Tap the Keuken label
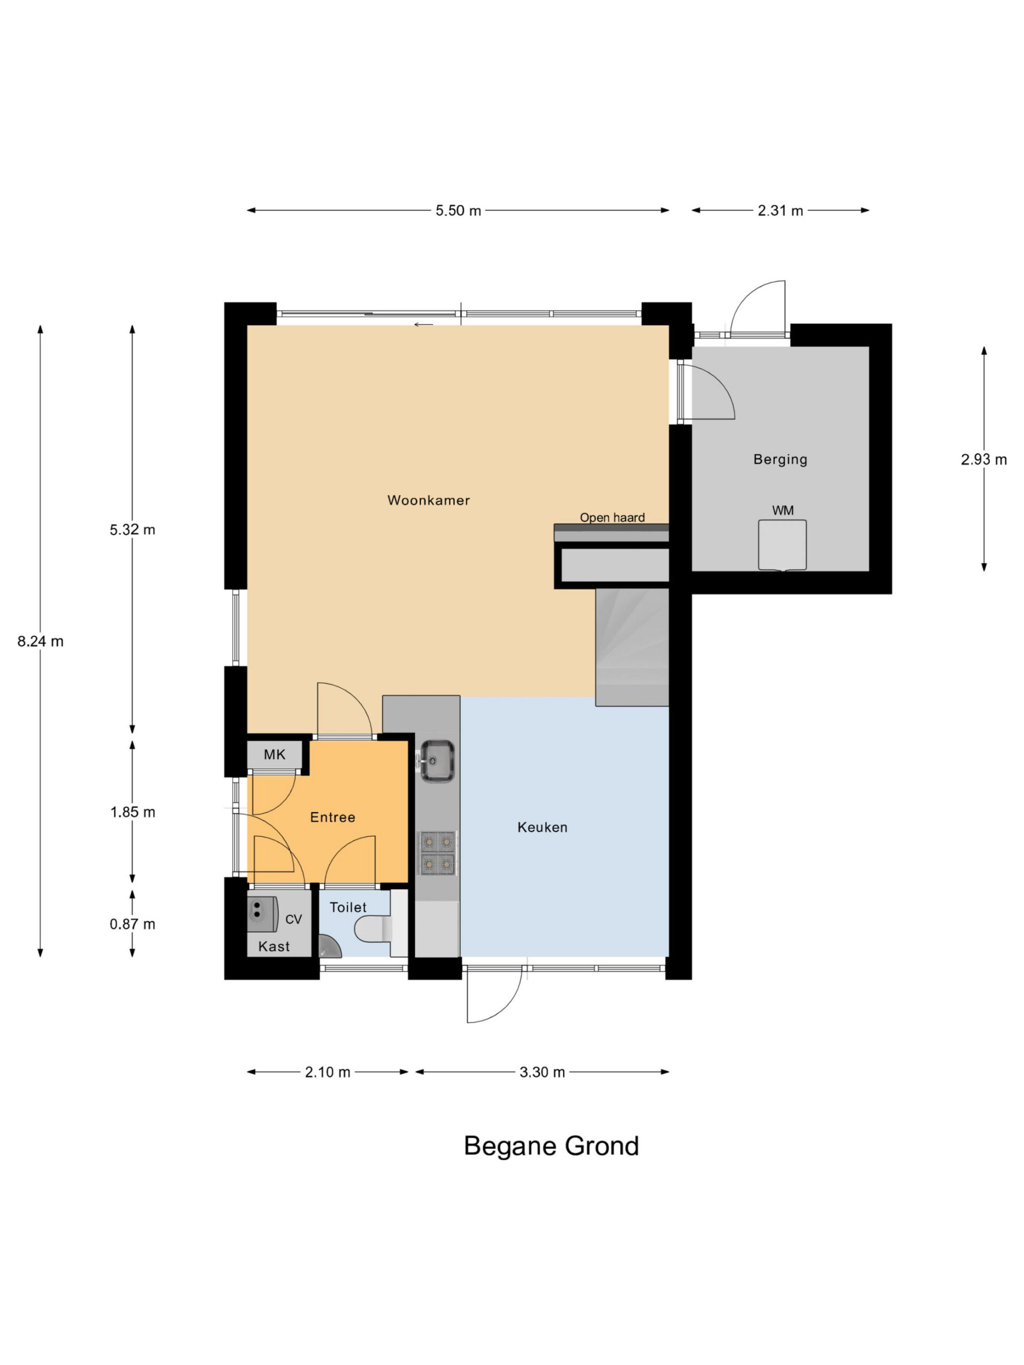(542, 828)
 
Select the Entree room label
(333, 817)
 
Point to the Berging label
(780, 459)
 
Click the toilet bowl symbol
(373, 929)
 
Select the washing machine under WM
(782, 545)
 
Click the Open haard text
(612, 518)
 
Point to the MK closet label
(275, 754)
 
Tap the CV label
(294, 919)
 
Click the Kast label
(274, 946)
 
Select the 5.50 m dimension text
(458, 211)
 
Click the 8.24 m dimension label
(41, 641)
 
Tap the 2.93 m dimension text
(984, 460)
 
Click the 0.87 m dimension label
(133, 924)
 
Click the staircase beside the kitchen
(632, 647)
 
